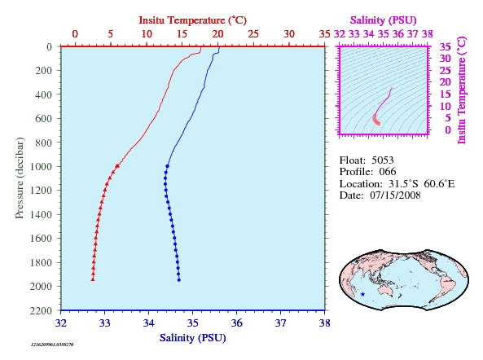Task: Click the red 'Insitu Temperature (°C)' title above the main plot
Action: click(192, 20)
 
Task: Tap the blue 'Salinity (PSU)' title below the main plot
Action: click(192, 338)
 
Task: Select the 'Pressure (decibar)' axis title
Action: click(20, 178)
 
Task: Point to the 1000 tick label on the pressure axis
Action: click(41, 166)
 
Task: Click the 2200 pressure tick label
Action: click(41, 310)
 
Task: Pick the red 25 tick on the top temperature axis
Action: click(253, 34)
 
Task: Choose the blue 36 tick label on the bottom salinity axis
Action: click(236, 323)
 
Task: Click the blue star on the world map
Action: click(363, 294)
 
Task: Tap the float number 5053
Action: click(382, 160)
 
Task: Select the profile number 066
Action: click(388, 172)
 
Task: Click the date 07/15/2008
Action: click(395, 195)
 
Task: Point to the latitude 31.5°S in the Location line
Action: click(403, 184)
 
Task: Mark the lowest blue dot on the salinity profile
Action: click(179, 280)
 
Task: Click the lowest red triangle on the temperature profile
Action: click(93, 279)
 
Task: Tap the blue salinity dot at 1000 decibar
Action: click(167, 166)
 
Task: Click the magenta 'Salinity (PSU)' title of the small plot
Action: click(383, 20)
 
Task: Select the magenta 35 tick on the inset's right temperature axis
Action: click(445, 46)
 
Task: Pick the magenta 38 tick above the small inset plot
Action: click(428, 34)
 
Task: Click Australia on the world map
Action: click(385, 290)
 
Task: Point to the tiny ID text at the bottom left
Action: click(52, 345)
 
